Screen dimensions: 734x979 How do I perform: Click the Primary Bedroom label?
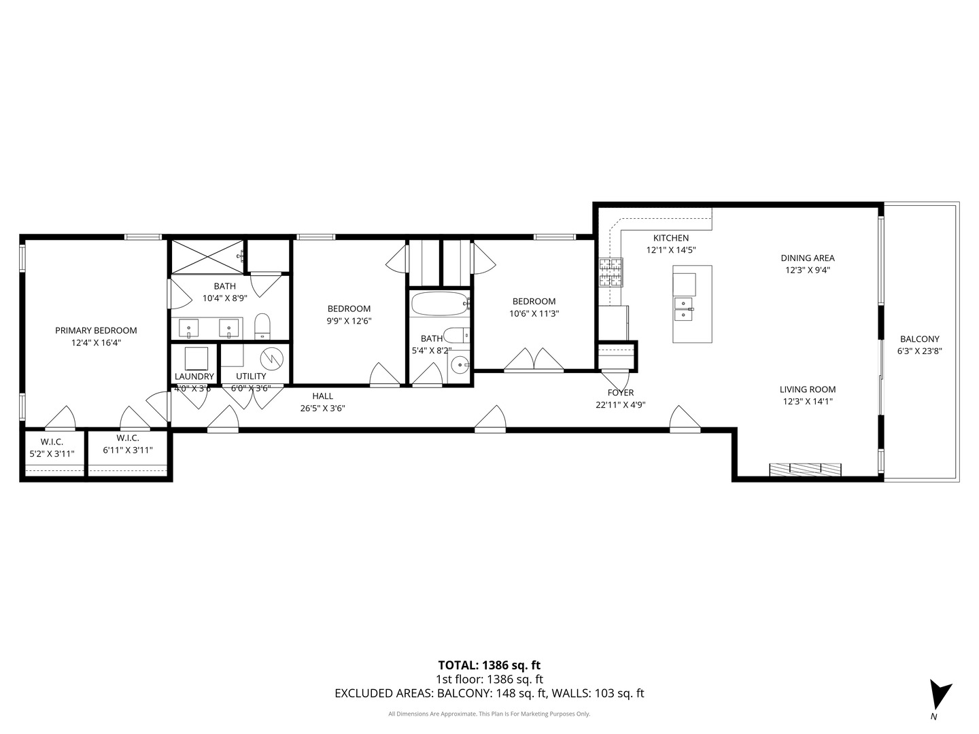click(x=96, y=331)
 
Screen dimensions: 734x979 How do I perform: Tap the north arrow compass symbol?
click(x=940, y=695)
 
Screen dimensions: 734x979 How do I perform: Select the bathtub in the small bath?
click(x=439, y=304)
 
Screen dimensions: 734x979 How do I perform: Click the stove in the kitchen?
click(x=611, y=272)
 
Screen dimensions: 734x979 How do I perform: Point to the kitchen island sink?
click(x=684, y=309)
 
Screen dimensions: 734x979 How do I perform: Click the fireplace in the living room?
click(x=805, y=469)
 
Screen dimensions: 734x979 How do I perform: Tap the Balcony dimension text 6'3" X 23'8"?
click(x=919, y=351)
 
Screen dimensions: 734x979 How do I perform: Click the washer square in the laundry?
click(x=196, y=357)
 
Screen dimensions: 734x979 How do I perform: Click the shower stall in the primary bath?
click(x=207, y=256)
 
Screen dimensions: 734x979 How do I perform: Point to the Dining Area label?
click(x=807, y=258)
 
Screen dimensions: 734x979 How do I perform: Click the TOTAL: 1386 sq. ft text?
click(x=489, y=665)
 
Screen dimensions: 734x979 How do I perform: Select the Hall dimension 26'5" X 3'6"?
click(x=322, y=408)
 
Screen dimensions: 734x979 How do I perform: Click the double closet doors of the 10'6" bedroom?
click(x=534, y=360)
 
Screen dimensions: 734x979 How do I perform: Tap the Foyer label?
click(x=620, y=393)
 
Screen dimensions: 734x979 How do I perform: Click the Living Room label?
click(x=807, y=389)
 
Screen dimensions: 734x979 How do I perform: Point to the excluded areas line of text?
click(x=489, y=694)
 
